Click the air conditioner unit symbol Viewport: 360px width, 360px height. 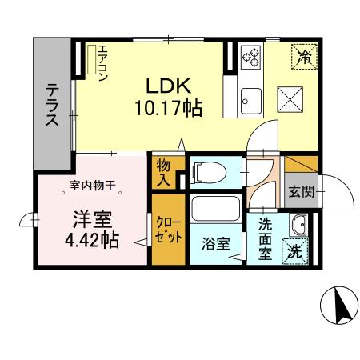[x=94, y=62]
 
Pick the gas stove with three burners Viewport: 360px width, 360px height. [x=250, y=57]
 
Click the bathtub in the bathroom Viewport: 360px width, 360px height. [x=213, y=214]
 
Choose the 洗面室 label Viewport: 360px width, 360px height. [x=264, y=238]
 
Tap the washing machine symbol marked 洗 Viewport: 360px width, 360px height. [x=298, y=250]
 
